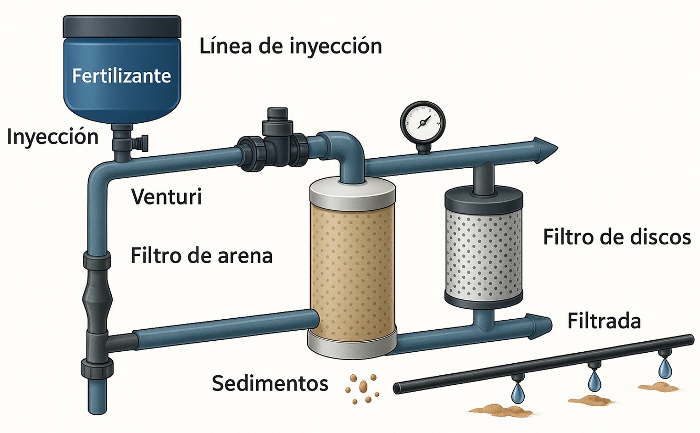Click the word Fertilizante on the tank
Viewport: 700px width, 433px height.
[x=122, y=76]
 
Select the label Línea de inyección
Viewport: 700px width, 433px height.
[x=291, y=47]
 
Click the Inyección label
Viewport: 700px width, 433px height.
[x=52, y=137]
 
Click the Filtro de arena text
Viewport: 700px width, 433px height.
[x=201, y=257]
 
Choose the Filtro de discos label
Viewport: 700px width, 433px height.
[x=617, y=237]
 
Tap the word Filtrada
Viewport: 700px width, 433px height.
[x=604, y=321]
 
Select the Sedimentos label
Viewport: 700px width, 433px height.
[x=270, y=384]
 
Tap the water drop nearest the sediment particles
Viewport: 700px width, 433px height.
[x=519, y=391]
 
